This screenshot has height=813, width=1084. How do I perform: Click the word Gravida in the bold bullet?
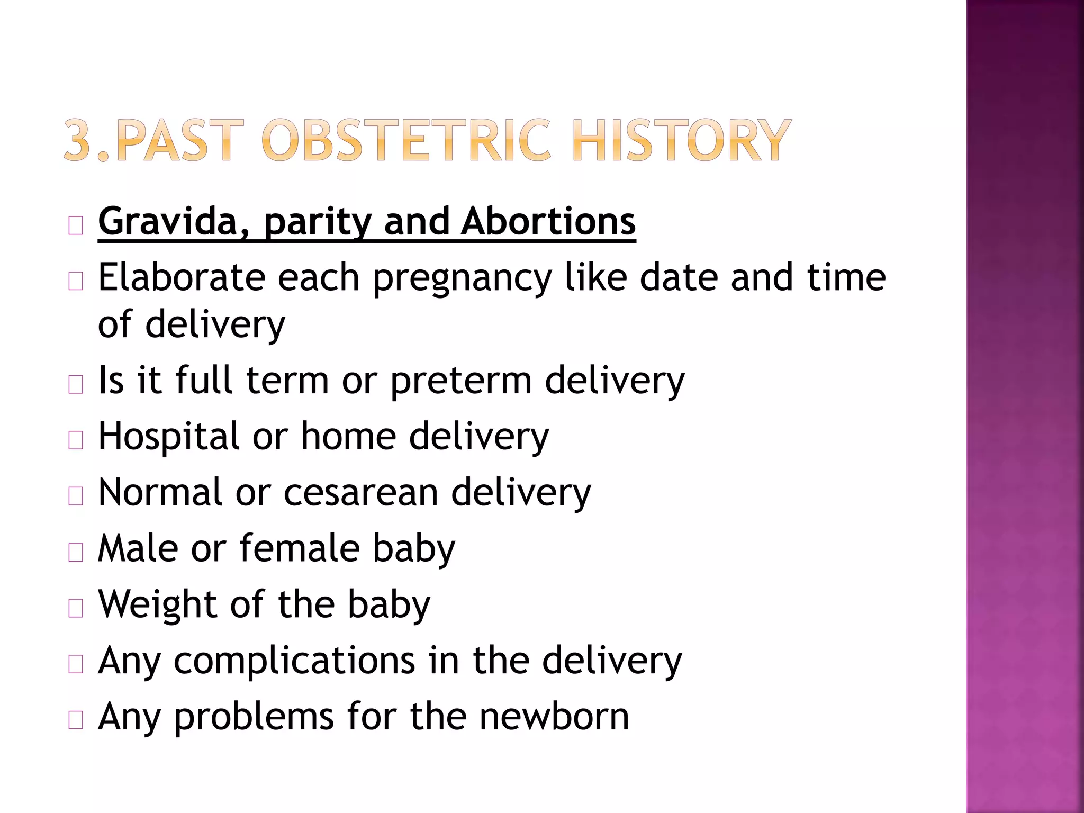(x=168, y=222)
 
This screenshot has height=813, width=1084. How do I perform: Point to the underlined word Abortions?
(x=548, y=221)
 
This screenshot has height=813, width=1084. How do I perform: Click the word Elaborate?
(x=181, y=277)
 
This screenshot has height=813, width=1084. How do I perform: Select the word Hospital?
(x=169, y=437)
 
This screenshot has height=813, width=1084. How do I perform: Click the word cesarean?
(x=360, y=493)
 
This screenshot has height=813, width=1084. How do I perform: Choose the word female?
(x=300, y=548)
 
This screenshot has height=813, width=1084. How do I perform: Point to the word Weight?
(x=158, y=605)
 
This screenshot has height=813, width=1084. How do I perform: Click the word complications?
(x=294, y=662)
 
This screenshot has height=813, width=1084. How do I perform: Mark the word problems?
(x=254, y=718)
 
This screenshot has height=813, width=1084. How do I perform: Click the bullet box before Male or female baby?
(x=76, y=553)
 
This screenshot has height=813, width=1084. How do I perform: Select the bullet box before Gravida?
(x=76, y=226)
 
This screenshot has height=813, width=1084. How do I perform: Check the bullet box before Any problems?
(x=76, y=720)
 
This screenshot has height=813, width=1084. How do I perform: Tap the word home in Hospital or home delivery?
(x=348, y=437)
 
